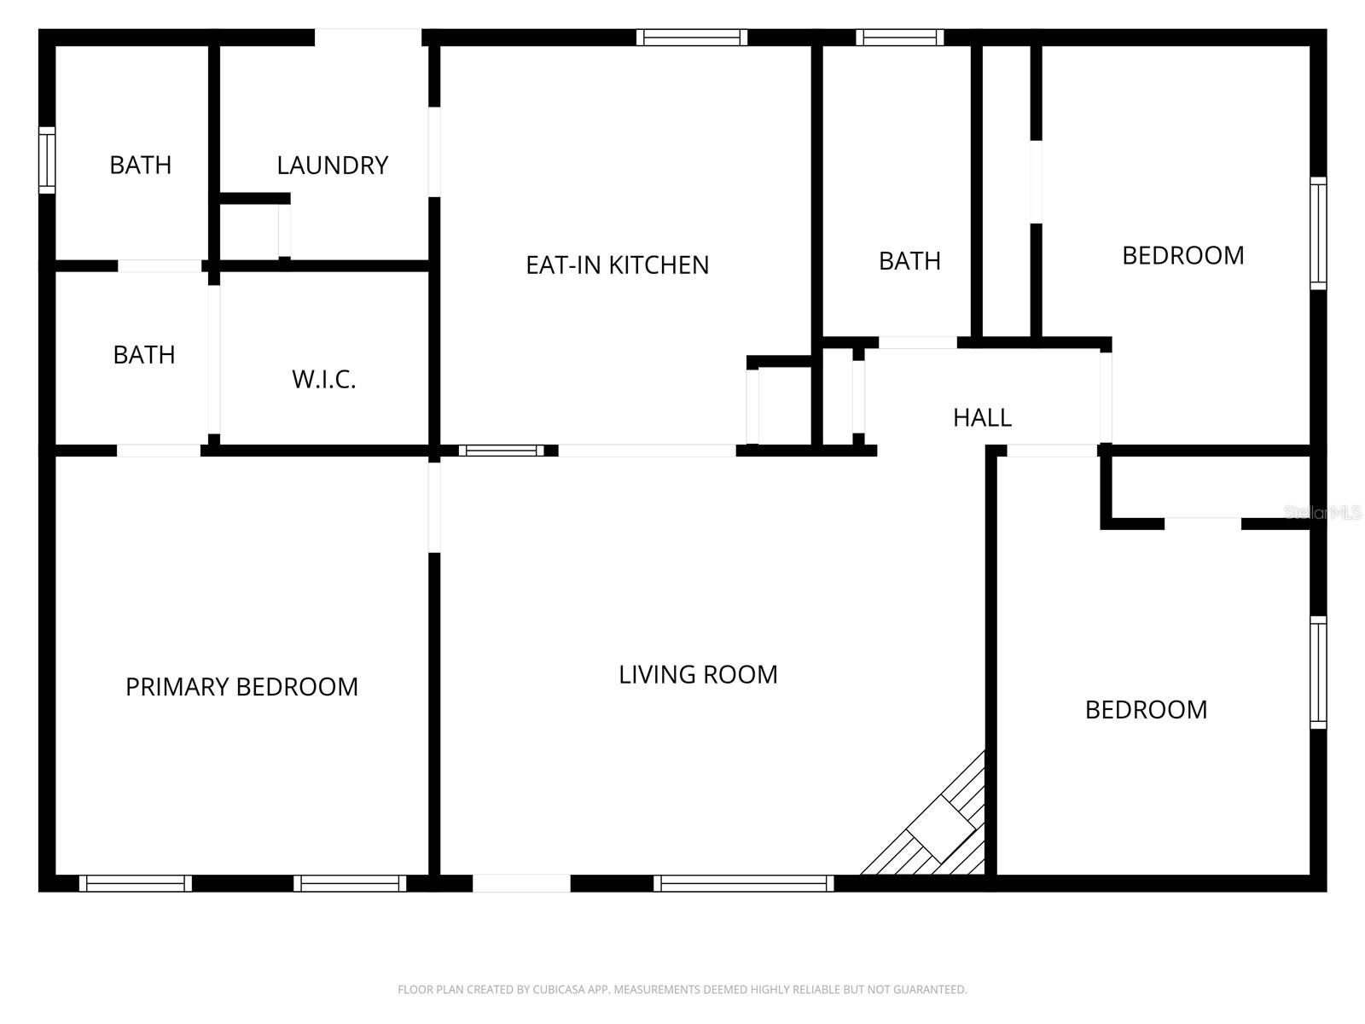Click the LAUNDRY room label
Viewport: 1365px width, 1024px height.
(332, 165)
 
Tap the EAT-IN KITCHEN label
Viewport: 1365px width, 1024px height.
(617, 265)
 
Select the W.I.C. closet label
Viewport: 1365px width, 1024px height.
(323, 379)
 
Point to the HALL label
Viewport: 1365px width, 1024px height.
(982, 417)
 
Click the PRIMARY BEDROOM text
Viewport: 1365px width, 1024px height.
(241, 686)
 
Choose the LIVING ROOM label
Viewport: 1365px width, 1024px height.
(698, 674)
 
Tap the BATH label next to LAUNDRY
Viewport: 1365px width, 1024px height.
(140, 165)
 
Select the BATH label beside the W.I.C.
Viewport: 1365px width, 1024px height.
(143, 354)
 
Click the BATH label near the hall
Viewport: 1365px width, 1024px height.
(909, 260)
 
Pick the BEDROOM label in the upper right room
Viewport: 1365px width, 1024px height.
(1182, 255)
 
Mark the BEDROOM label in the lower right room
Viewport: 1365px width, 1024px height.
(1146, 709)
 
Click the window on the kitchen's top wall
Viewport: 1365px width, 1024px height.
(691, 38)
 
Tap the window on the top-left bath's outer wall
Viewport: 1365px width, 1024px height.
(47, 160)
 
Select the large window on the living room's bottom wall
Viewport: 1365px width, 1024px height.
(744, 883)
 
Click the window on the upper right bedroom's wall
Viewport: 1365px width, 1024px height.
(1318, 233)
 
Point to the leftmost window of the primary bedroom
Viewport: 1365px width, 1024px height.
(136, 883)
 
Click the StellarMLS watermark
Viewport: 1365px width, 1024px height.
(1321, 512)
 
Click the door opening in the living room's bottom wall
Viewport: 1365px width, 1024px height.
(521, 883)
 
